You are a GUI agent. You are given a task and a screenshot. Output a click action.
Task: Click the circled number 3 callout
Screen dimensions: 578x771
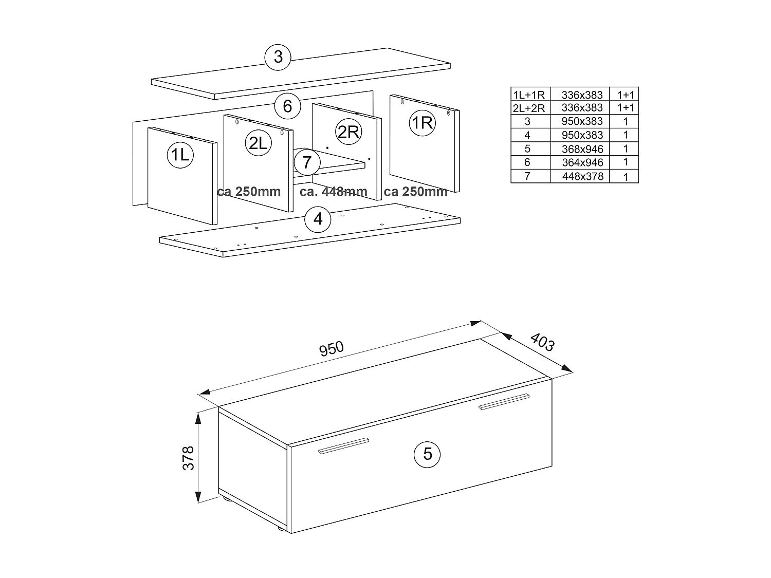278,57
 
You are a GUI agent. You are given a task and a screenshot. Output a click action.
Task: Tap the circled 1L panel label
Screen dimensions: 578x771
180,154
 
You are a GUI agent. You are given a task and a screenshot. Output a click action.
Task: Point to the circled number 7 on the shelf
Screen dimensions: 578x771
307,162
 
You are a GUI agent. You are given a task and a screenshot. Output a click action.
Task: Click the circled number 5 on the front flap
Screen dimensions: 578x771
428,454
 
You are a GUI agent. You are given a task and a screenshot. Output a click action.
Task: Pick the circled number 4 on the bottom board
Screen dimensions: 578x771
318,219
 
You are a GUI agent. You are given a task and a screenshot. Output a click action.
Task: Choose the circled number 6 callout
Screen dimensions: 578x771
287,106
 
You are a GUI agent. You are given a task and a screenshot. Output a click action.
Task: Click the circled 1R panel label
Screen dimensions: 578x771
423,123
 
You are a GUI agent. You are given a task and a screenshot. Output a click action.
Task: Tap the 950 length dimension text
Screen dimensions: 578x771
332,349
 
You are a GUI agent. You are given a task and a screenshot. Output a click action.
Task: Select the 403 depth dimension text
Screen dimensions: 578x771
542,342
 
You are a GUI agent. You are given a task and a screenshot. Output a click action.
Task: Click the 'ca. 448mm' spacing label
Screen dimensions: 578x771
334,192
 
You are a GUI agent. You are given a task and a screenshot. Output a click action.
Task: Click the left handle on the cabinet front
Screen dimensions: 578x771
343,446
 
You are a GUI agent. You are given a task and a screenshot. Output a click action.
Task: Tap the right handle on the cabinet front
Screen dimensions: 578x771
503,402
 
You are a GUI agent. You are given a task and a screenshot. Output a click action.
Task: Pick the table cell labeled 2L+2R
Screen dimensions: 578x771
530,108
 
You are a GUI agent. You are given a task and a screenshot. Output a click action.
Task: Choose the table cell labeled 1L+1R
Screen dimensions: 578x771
530,95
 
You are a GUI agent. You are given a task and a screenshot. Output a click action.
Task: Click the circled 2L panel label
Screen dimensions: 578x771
258,143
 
